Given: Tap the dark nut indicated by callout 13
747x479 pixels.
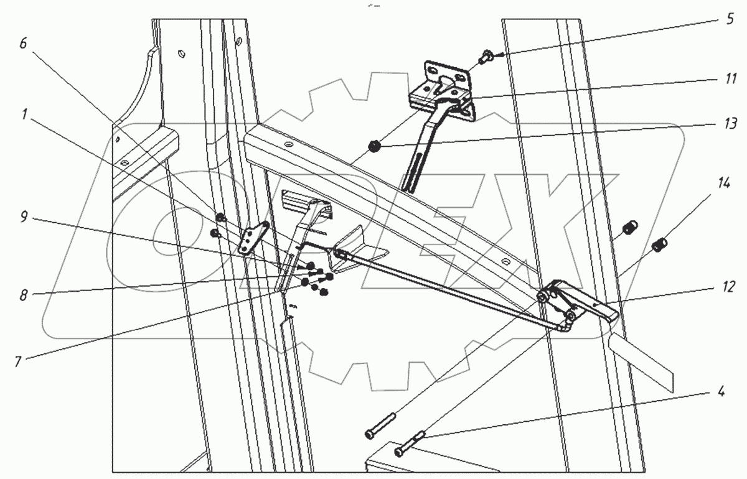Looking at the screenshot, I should (375, 147).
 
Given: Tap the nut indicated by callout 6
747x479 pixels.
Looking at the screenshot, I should (220, 218).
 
